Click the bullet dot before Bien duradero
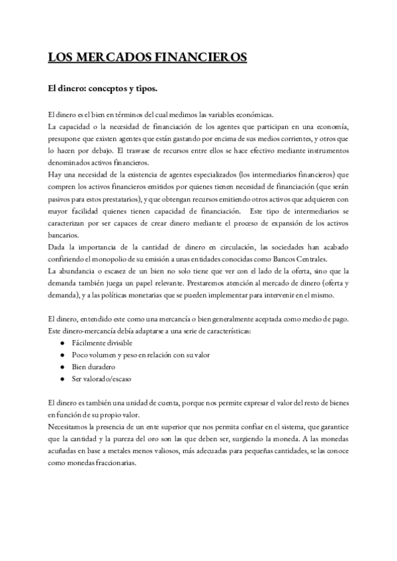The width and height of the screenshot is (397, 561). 62,366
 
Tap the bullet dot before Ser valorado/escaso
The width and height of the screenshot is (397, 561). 62,378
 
